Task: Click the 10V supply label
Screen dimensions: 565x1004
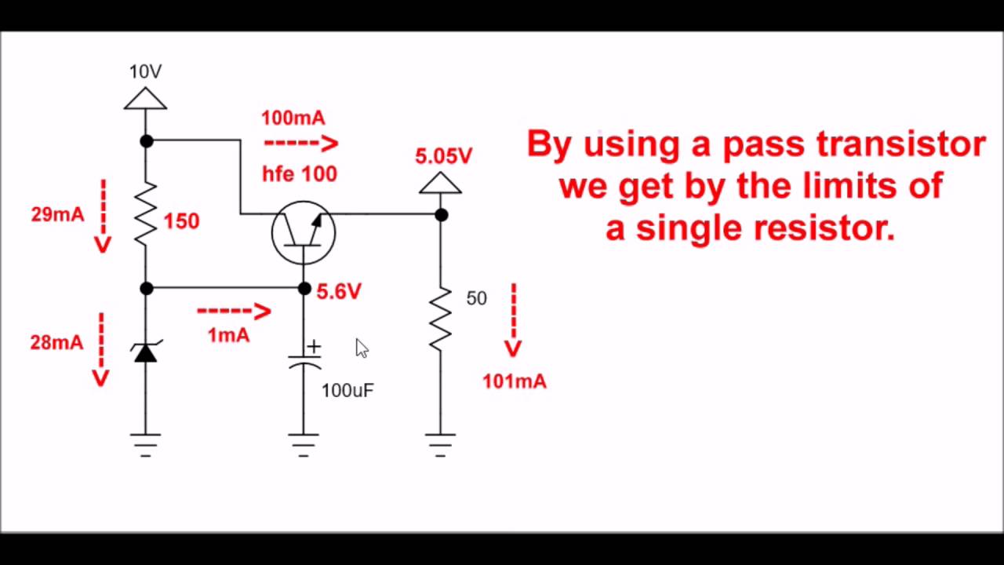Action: tap(145, 72)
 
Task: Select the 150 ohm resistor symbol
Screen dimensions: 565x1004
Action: tap(146, 214)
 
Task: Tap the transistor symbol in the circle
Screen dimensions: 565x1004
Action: tap(304, 232)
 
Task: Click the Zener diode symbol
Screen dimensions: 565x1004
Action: tap(146, 353)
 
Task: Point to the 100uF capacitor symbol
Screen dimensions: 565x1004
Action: tap(304, 362)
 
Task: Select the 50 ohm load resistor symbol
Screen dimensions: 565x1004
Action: tap(440, 318)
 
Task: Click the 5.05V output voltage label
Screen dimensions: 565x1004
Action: tap(444, 156)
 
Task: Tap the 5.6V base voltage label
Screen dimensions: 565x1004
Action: tap(339, 292)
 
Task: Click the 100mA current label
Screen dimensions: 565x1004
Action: tap(293, 118)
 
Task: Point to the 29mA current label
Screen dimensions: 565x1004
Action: tap(57, 214)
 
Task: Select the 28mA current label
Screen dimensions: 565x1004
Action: tap(56, 342)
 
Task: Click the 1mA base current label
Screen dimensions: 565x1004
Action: tap(228, 335)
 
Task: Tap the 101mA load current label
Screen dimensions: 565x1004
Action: tap(515, 381)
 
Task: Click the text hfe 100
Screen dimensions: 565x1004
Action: tap(300, 174)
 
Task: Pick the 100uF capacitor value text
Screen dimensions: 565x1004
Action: tap(347, 390)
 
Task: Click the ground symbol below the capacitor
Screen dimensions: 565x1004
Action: tap(304, 444)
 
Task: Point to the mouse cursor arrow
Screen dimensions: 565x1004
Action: tap(361, 348)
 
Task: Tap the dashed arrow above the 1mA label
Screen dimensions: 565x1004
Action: tap(234, 312)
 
